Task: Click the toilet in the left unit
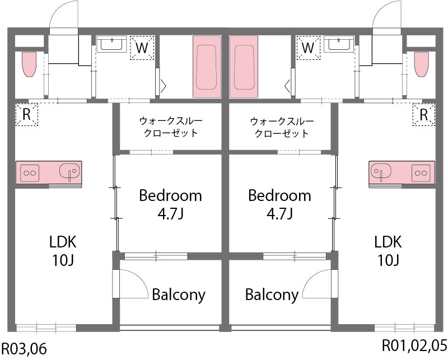pos(29,64)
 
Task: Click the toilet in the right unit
pos(421,64)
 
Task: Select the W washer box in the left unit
pos(142,48)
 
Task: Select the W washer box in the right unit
pos(307,48)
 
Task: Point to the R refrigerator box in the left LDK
pos(26,115)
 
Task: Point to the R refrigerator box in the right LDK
pos(423,115)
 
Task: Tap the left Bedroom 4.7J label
pos(170,204)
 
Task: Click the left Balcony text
pos(179,294)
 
